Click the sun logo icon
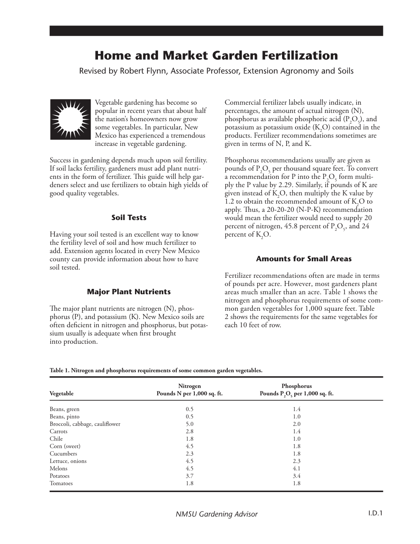(70, 120)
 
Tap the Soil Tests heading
(129, 218)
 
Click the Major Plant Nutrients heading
(129, 292)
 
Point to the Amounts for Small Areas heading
(304, 259)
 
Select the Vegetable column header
(62, 394)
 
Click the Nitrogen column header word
(189, 386)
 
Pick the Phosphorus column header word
(296, 386)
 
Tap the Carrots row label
(58, 431)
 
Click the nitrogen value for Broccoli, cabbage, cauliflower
(189, 424)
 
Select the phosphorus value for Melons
(296, 469)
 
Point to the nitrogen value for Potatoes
(189, 476)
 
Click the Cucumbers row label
(63, 454)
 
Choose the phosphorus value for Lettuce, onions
(296, 461)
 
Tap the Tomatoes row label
(61, 483)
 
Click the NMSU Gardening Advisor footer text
(217, 514)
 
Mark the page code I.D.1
(375, 514)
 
